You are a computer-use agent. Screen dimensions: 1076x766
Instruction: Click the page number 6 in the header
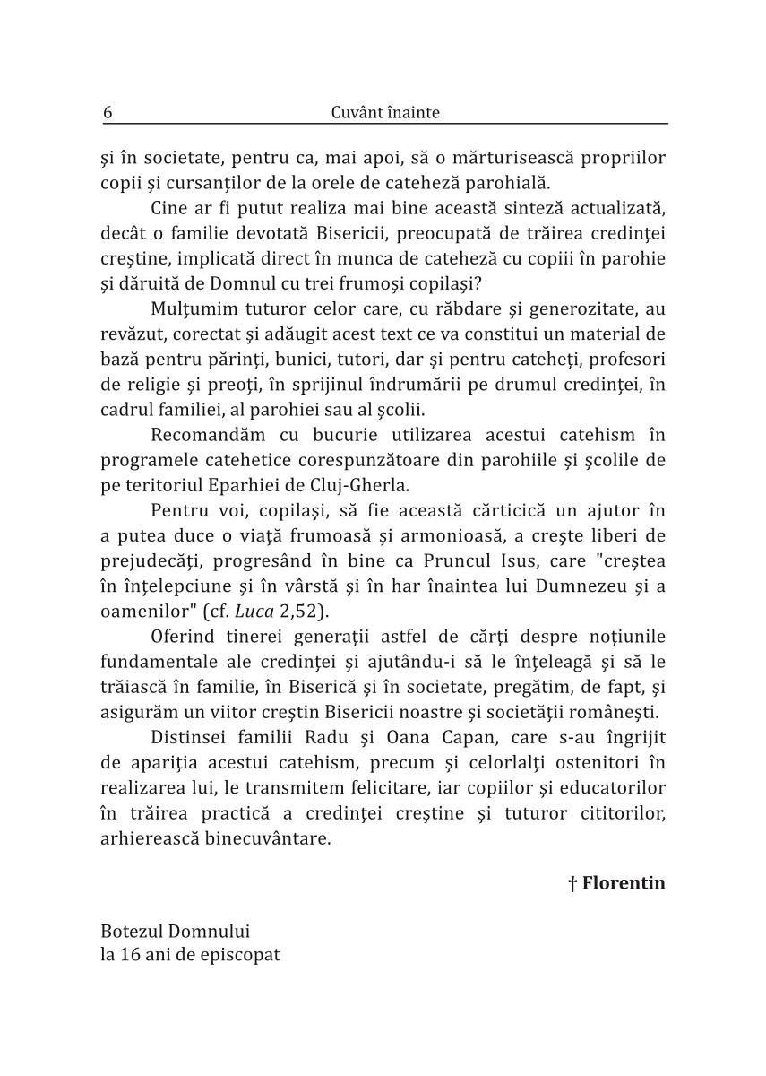pos(108,113)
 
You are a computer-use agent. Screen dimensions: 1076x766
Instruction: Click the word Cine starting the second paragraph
pos(172,208)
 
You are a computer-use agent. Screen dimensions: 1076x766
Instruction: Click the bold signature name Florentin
pos(624,883)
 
